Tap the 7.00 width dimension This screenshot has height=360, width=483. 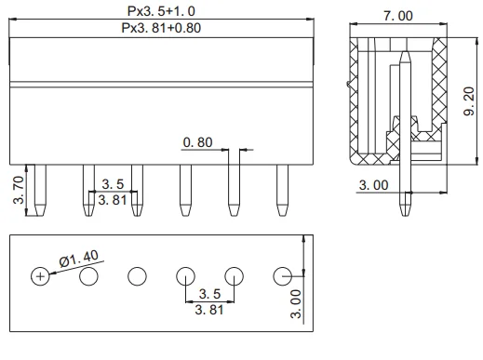click(x=401, y=17)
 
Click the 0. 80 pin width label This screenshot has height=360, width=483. click(x=197, y=142)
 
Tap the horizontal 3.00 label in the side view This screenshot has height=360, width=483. click(x=374, y=185)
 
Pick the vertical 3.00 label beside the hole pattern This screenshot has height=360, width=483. click(x=295, y=304)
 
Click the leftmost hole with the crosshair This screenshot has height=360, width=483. click(x=40, y=276)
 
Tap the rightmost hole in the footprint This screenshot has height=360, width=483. click(x=283, y=276)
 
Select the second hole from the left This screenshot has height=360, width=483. click(x=88, y=276)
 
